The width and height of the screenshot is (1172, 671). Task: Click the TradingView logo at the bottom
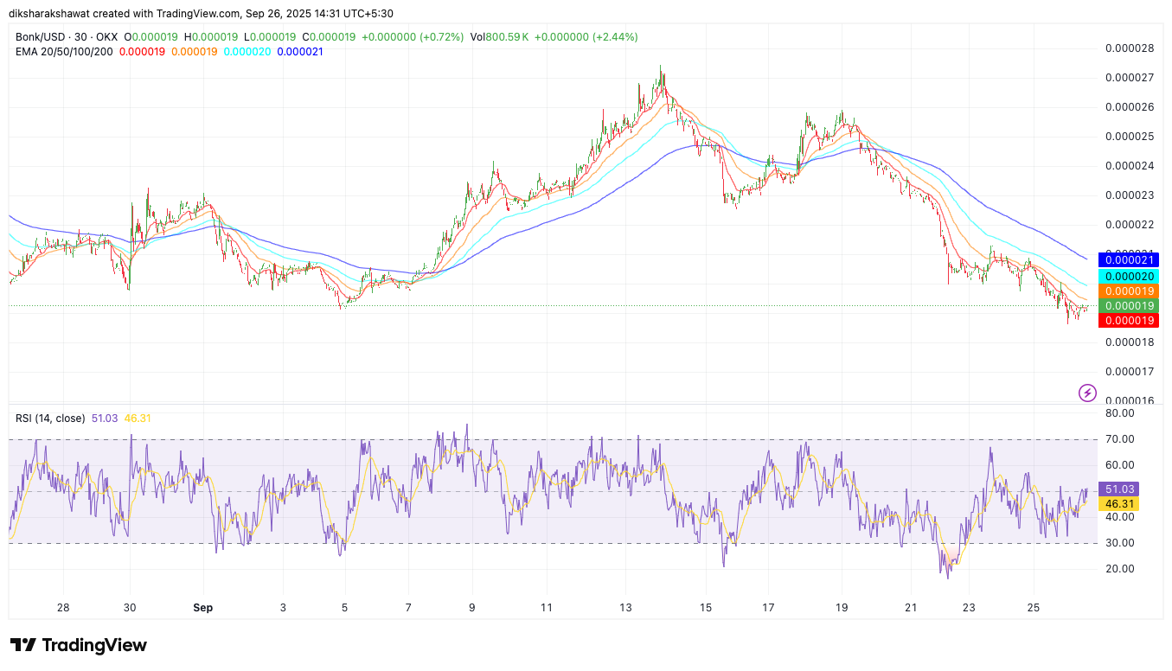click(x=79, y=645)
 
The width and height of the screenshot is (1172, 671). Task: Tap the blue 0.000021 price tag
click(x=1126, y=259)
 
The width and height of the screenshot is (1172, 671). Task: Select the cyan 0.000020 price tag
click(x=1126, y=276)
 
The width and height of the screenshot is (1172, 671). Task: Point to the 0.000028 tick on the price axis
click(x=1130, y=48)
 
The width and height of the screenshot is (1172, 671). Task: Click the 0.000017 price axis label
click(x=1130, y=372)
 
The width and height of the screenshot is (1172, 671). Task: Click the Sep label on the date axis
click(x=202, y=608)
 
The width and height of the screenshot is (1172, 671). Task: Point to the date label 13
click(x=626, y=608)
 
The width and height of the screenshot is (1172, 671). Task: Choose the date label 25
click(x=1034, y=608)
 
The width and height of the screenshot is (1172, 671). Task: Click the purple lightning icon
click(x=1087, y=393)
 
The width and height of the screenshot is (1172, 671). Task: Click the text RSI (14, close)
click(x=50, y=419)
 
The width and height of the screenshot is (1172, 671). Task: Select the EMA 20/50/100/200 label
click(x=64, y=52)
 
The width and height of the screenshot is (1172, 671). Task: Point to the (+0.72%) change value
click(x=441, y=37)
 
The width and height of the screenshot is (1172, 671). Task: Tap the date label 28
click(x=63, y=608)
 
